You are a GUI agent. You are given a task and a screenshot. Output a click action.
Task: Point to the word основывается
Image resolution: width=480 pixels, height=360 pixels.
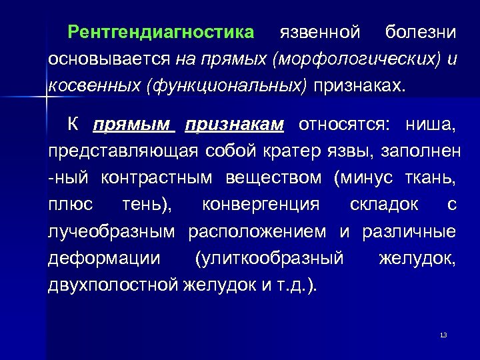110,59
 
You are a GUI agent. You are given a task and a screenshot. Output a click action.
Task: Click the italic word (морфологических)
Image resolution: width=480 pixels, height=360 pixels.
357,59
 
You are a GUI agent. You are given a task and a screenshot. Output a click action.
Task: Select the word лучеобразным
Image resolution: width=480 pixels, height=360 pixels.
111,232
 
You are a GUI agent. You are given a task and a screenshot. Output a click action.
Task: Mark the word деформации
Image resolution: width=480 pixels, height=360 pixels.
103,259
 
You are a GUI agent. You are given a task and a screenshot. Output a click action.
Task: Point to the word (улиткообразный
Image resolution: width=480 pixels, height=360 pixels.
269,259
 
